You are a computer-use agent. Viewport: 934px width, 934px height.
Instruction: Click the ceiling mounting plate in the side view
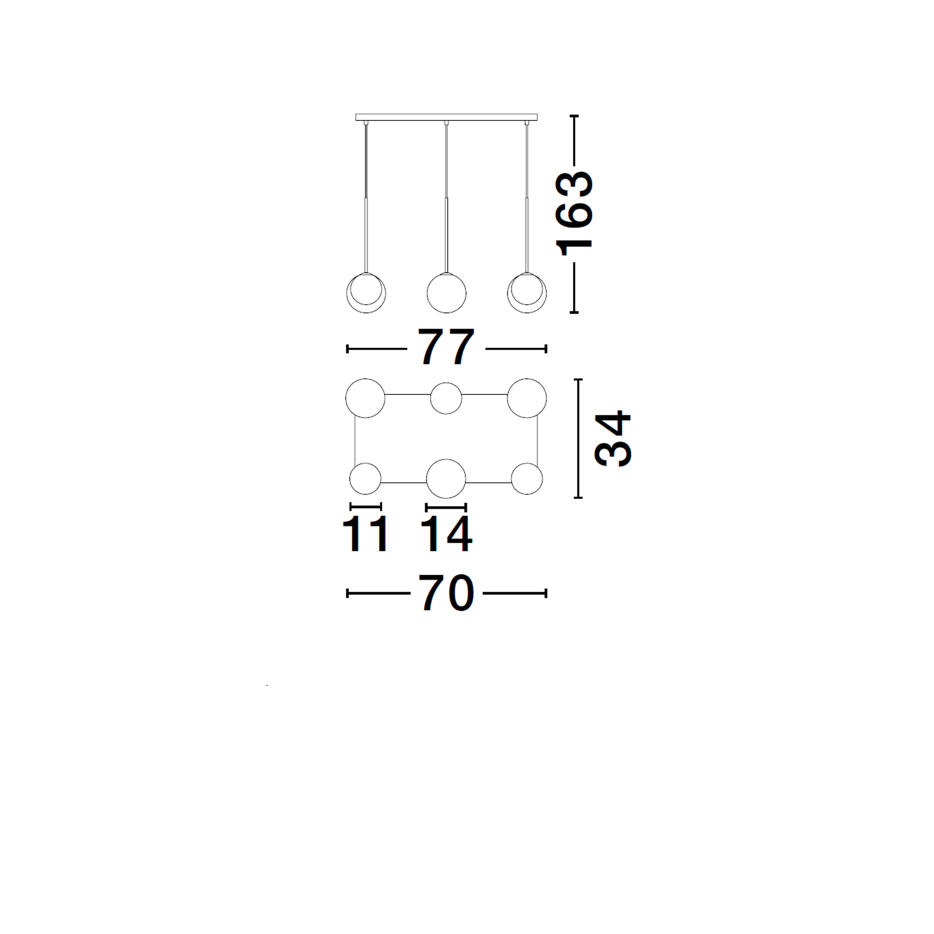[x=446, y=117]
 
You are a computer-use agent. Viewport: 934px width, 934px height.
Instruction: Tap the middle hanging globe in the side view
[x=446, y=293]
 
